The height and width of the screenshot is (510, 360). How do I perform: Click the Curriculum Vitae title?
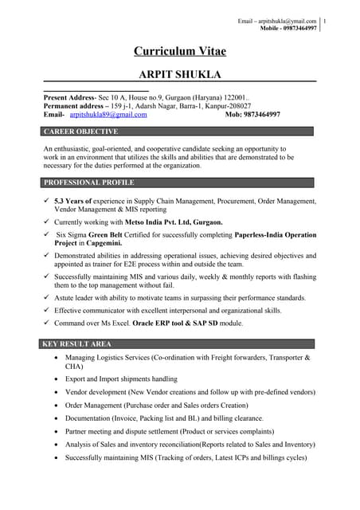tap(179, 52)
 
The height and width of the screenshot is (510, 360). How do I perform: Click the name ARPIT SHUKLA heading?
tap(179, 73)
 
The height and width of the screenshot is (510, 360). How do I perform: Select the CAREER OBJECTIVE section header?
tap(80, 131)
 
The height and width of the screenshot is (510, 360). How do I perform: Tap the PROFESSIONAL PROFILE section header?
tap(88, 182)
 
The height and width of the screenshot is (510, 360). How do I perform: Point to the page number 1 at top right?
tap(348, 20)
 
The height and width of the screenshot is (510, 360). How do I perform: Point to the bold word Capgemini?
tap(123, 245)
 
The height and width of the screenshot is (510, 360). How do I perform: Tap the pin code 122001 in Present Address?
tap(237, 96)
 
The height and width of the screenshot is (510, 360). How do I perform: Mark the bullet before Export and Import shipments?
tap(54, 379)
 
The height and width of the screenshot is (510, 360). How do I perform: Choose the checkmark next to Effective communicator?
tap(47, 310)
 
